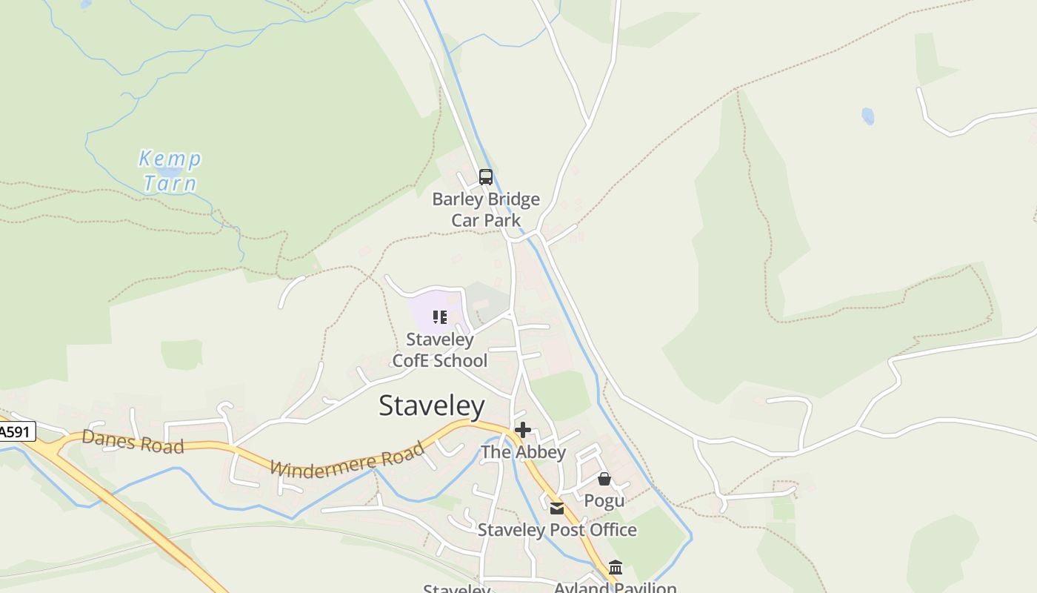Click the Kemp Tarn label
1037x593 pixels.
(170, 170)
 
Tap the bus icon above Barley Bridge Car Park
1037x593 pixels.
(486, 177)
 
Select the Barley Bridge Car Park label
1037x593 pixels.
(486, 210)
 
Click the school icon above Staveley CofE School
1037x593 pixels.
(440, 318)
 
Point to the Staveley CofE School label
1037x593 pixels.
(440, 350)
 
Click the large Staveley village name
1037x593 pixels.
(431, 406)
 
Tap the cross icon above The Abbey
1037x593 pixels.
(523, 430)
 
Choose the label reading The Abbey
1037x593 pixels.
(523, 452)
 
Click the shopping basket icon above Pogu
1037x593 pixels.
(604, 479)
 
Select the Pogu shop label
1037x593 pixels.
(604, 500)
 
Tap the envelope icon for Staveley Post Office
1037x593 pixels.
(557, 508)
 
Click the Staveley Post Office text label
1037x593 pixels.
(557, 530)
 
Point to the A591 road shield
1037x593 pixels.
(16, 431)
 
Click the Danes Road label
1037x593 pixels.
(133, 442)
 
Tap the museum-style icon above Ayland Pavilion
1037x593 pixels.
(616, 568)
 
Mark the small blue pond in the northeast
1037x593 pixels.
(867, 116)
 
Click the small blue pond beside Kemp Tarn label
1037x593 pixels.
(170, 172)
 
